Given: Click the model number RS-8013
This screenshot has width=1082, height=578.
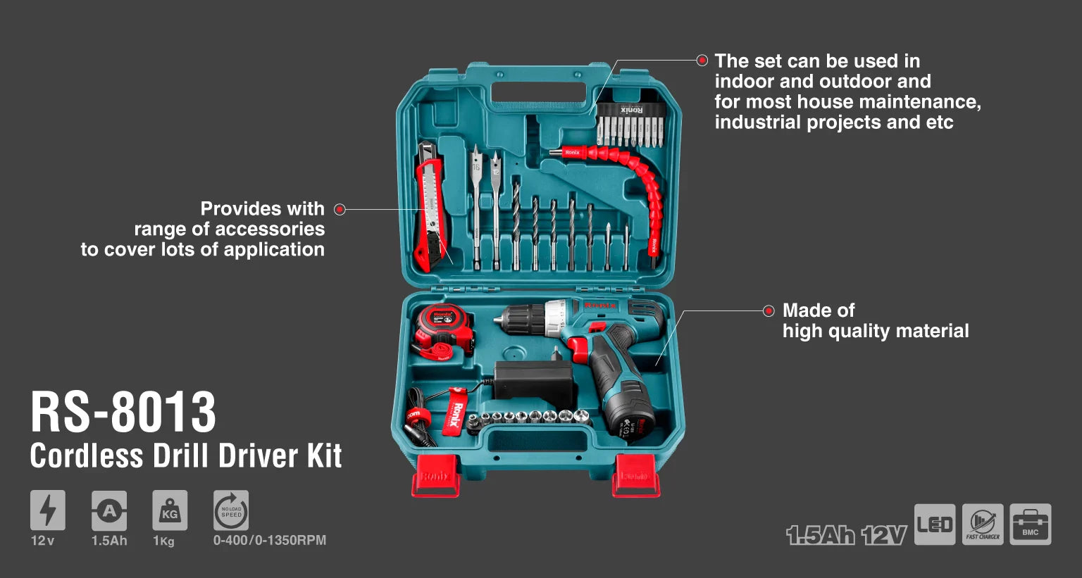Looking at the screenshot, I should click(123, 413).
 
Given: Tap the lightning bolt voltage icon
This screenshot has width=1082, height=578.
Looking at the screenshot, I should click(47, 510).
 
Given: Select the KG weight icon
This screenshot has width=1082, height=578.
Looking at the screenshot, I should click(170, 510).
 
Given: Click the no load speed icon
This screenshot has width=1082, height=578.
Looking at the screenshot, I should click(231, 510).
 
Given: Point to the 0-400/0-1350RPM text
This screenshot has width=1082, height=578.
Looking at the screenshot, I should click(269, 541).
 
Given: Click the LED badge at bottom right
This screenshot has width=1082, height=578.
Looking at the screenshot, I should click(935, 524).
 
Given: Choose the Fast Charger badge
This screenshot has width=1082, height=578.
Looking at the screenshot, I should click(983, 524).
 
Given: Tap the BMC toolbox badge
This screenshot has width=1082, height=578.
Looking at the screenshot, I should click(1030, 524).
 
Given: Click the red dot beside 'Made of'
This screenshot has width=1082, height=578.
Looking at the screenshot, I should click(769, 311).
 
